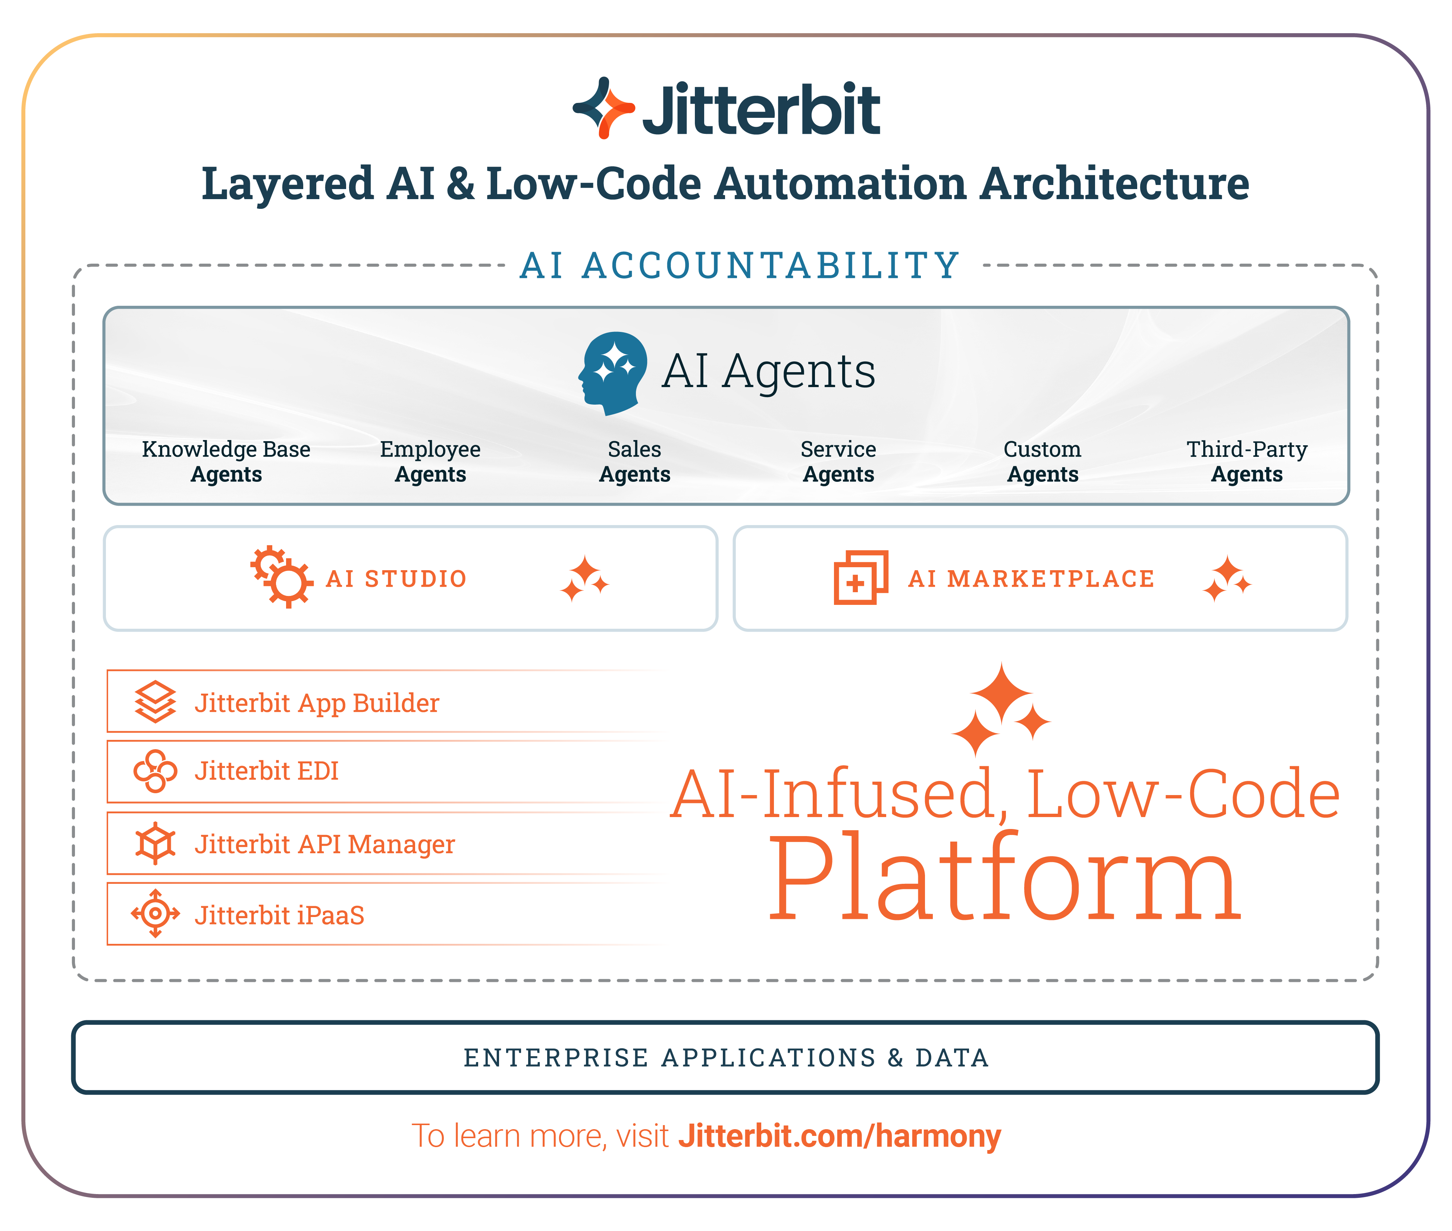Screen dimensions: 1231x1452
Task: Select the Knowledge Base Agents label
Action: click(x=226, y=461)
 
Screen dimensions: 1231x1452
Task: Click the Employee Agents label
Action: click(x=430, y=461)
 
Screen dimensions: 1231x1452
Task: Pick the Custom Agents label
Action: click(x=1042, y=461)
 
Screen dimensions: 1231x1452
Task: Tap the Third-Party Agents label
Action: click(x=1247, y=461)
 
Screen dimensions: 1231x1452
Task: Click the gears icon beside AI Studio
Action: click(x=281, y=577)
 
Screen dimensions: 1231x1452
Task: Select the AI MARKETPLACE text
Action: click(x=1031, y=578)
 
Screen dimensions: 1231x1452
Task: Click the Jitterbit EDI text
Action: click(x=267, y=771)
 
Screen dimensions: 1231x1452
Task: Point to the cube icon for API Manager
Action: click(x=155, y=843)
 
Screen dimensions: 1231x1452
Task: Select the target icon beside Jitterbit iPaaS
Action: click(x=155, y=914)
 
